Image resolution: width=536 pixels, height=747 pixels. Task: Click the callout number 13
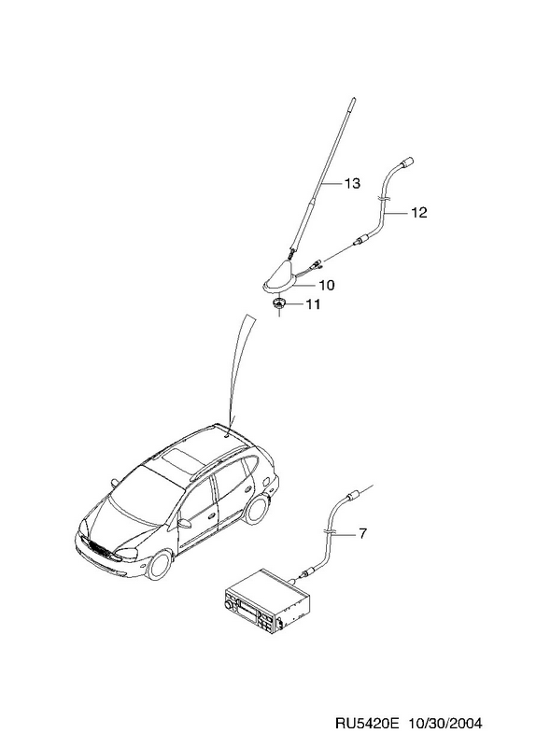coord(352,183)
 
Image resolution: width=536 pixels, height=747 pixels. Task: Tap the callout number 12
coord(418,213)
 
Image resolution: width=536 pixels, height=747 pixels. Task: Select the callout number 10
coord(327,286)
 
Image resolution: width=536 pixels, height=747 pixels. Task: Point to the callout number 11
coord(312,304)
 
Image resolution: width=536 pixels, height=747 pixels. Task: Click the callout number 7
coord(362,534)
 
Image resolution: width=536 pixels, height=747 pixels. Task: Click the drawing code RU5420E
coord(367,724)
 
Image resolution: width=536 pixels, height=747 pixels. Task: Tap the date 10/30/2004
coord(445,724)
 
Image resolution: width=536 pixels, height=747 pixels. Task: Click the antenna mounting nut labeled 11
coord(277,303)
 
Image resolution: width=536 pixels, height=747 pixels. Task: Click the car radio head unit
coord(267,602)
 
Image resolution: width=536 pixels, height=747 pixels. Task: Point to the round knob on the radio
coord(231,604)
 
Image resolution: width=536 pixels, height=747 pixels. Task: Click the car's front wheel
coord(159,565)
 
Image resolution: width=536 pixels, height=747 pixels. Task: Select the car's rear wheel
coord(258,509)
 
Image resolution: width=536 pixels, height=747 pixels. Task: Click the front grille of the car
coord(98,549)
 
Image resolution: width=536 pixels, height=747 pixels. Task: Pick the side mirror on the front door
coord(184,523)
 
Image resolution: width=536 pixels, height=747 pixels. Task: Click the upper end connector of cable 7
coord(353,496)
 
